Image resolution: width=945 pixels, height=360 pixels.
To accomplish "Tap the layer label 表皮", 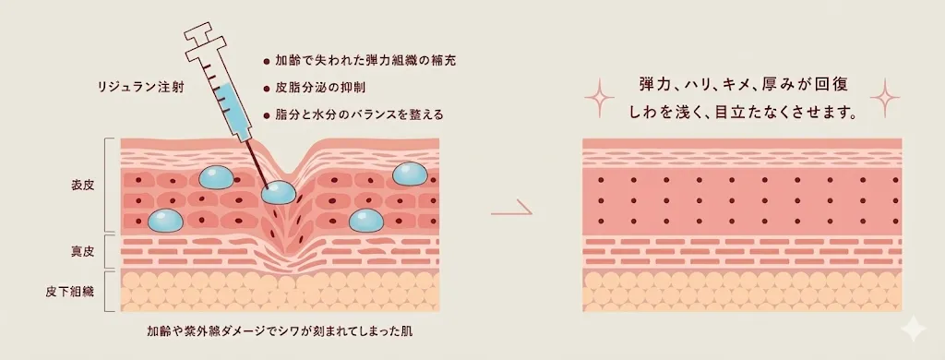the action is [x=83, y=185].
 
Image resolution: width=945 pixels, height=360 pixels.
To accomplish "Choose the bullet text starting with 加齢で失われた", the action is [x=365, y=60].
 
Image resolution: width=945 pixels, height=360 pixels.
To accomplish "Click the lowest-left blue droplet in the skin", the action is [x=165, y=220].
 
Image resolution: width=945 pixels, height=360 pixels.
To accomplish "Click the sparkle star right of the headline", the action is [x=884, y=95].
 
